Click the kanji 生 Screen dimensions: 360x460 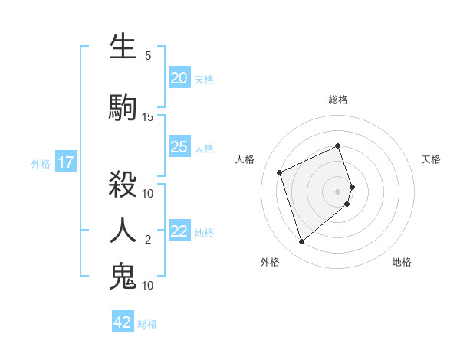pyautogui.click(x=123, y=47)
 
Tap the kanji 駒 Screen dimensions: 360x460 pyautogui.click(x=123, y=108)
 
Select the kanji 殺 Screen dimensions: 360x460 pyautogui.click(x=123, y=184)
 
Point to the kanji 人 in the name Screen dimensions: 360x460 pyautogui.click(x=123, y=230)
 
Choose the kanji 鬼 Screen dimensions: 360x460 pyautogui.click(x=123, y=277)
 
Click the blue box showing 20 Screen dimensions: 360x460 pyautogui.click(x=179, y=77)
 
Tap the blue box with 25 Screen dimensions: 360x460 pyautogui.click(x=179, y=147)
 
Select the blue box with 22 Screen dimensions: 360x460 pyautogui.click(x=179, y=232)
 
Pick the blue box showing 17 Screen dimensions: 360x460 pyautogui.click(x=66, y=162)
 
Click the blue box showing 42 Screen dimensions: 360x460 pyautogui.click(x=123, y=322)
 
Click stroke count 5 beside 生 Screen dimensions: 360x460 pyautogui.click(x=148, y=56)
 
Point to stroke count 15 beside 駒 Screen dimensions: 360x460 pyautogui.click(x=148, y=117)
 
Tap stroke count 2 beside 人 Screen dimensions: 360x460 pyautogui.click(x=148, y=240)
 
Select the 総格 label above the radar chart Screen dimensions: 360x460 pyautogui.click(x=338, y=100)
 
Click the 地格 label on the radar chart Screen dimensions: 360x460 pyautogui.click(x=402, y=262)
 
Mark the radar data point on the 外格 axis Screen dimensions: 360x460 pyautogui.click(x=302, y=242)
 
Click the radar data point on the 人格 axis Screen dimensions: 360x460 pyautogui.click(x=280, y=172)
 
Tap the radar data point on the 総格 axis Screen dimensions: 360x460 pyautogui.click(x=338, y=146)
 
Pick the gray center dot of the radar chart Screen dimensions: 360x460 pyautogui.click(x=338, y=191)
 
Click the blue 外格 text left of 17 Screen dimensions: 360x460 pyautogui.click(x=40, y=163)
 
